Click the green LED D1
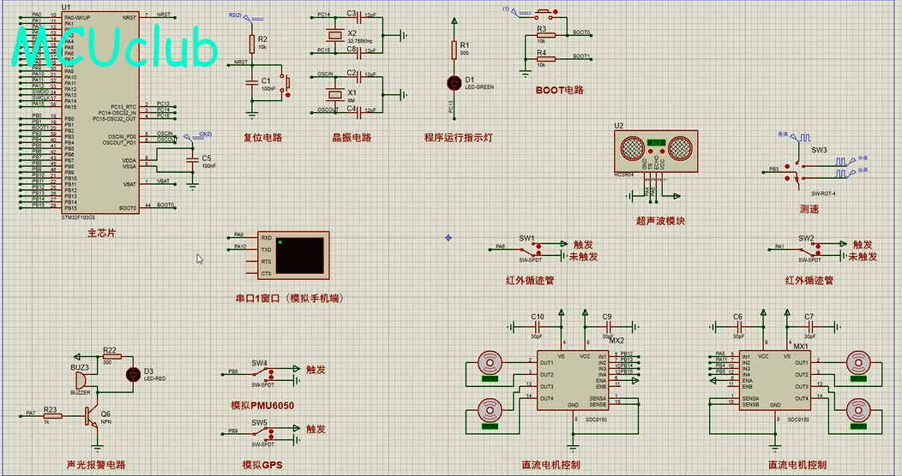pos(455,83)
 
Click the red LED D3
pos(133,374)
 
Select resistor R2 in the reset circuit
pos(251,43)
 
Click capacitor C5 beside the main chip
pos(193,160)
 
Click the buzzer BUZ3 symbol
pos(80,378)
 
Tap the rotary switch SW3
pos(799,167)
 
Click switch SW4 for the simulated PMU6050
pos(270,374)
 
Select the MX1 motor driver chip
pos(775,380)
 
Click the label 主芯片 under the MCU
pos(102,234)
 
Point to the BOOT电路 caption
pos(559,89)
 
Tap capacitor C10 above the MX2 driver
pos(538,326)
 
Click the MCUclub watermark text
pos(115,48)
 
